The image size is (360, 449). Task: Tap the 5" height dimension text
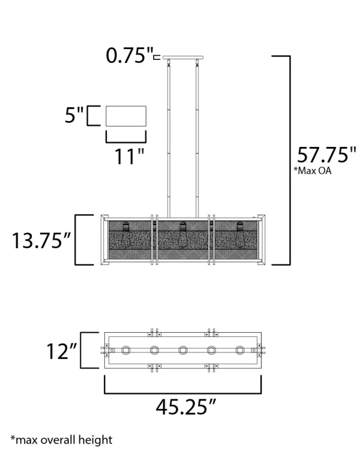point(74,115)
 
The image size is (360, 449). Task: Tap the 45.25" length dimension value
point(185,408)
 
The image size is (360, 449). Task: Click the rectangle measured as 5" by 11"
point(126,116)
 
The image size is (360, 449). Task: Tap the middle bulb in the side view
point(183,235)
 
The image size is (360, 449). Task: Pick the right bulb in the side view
point(241,235)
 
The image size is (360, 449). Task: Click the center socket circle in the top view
point(183,351)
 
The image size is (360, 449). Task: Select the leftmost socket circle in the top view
point(126,351)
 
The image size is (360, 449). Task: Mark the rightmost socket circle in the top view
point(241,351)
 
